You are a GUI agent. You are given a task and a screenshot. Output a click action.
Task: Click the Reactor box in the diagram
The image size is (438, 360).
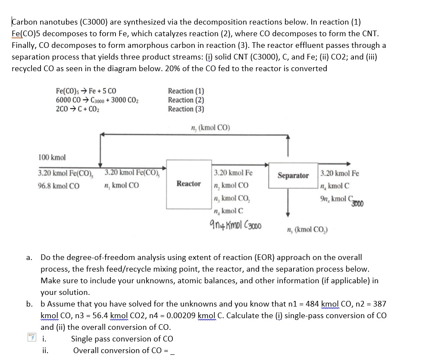[188, 184]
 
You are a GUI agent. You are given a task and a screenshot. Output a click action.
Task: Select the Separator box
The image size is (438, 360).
[293, 175]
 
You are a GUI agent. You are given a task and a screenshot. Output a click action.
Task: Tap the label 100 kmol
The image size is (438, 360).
[52, 157]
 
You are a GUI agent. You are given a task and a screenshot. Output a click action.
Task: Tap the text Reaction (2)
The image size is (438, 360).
[186, 100]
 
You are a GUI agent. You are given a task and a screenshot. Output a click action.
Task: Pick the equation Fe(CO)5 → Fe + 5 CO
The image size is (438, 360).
[86, 91]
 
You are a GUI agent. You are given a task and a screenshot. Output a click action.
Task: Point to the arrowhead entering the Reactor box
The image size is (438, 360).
[164, 169]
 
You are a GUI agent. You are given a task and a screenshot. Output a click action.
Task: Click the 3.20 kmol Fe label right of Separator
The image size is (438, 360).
[340, 173]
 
